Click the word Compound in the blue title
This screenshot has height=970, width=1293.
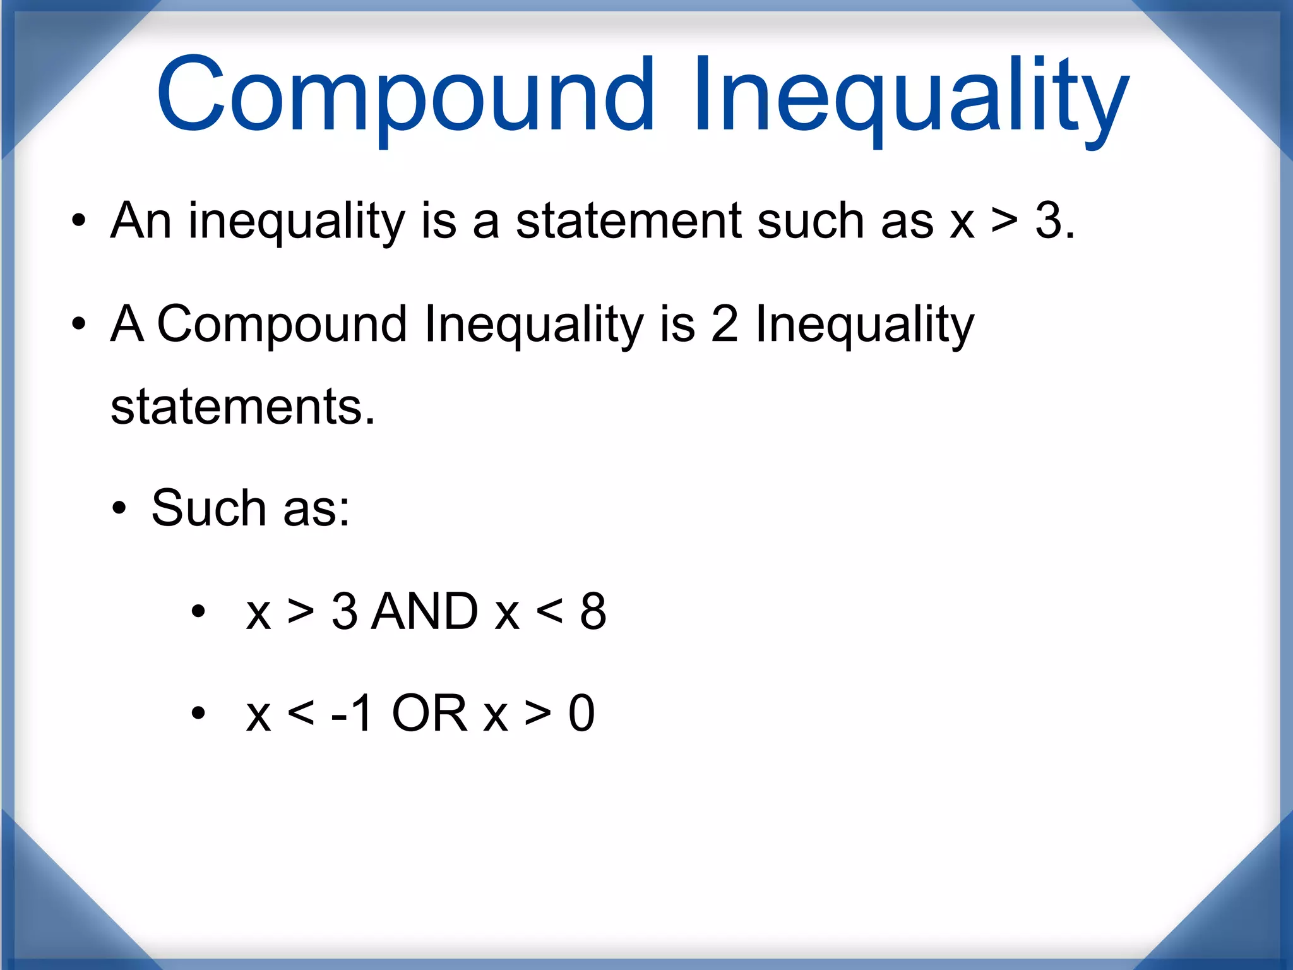tap(405, 95)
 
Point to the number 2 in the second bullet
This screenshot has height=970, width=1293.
tap(724, 324)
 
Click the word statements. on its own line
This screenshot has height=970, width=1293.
tap(243, 406)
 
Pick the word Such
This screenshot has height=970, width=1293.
tap(209, 508)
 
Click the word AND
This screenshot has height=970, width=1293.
tap(425, 611)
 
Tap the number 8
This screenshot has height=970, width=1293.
tap(593, 611)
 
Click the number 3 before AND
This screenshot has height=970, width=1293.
tap(344, 611)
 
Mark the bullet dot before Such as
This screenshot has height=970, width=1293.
tap(119, 508)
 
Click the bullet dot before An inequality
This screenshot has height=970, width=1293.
tap(78, 221)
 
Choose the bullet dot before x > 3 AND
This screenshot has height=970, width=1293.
tap(198, 611)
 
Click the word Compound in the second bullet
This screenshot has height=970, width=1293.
tap(282, 324)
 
